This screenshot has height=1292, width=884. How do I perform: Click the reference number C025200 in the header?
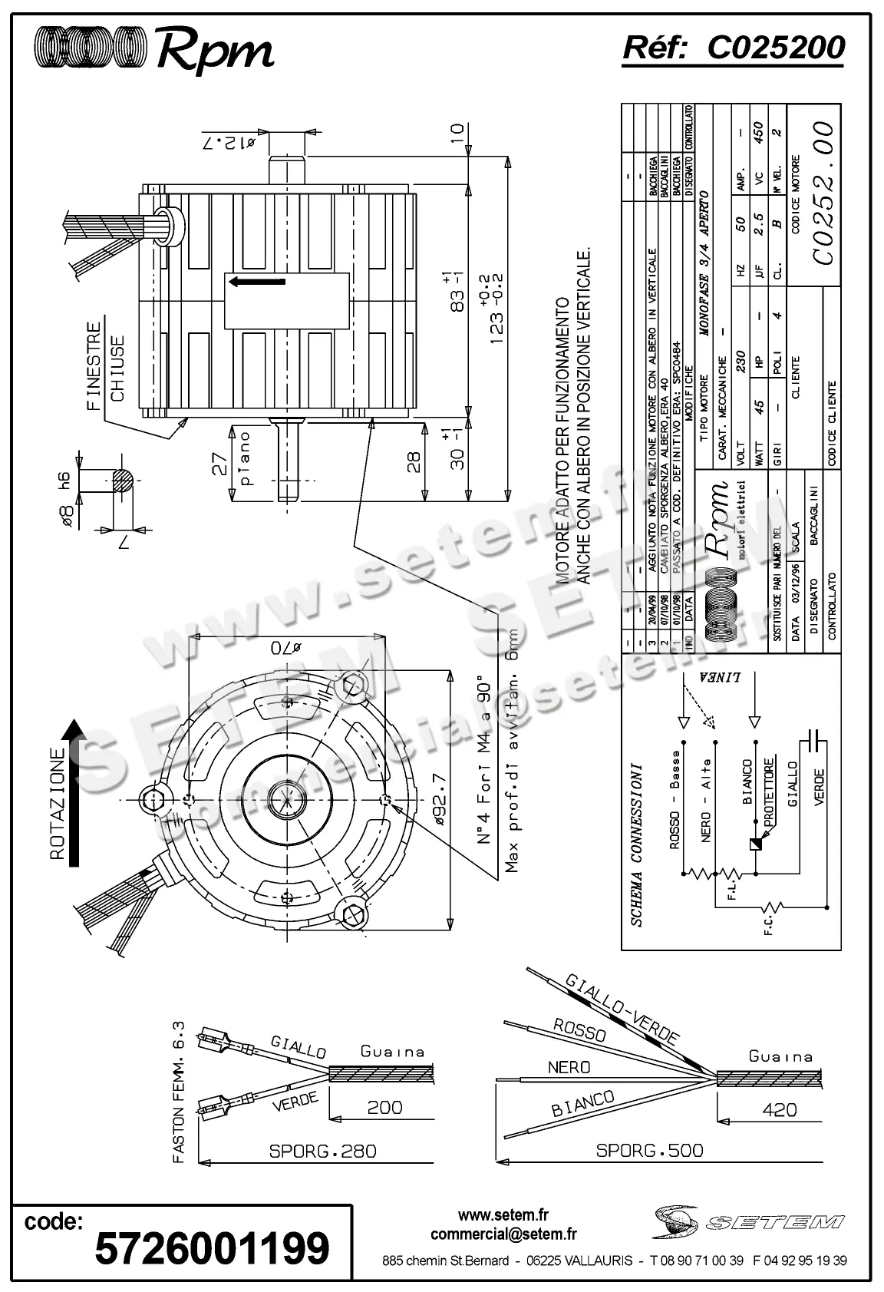[775, 48]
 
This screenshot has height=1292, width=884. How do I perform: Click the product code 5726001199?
[212, 1247]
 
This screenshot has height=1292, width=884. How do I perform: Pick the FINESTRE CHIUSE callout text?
[105, 366]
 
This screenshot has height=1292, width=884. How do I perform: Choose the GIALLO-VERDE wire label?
[622, 1009]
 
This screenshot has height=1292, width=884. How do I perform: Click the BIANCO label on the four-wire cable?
[582, 1103]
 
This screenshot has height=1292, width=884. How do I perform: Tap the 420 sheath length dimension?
[780, 1109]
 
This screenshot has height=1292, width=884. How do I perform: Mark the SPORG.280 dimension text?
[322, 1151]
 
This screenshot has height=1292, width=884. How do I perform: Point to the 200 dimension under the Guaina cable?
[384, 1107]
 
